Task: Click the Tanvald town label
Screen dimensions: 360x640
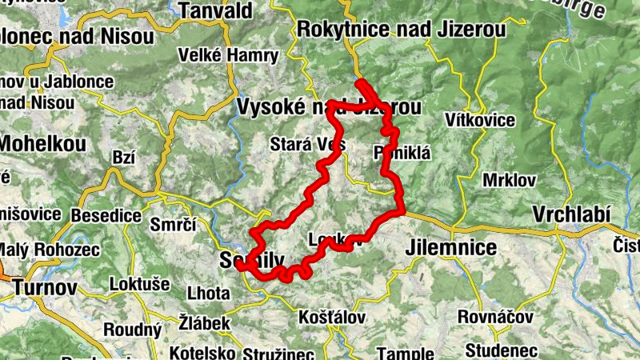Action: click(216, 10)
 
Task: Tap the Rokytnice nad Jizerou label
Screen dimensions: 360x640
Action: click(401, 30)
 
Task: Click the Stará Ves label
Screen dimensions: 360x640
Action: click(308, 145)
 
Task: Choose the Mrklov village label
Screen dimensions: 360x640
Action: click(510, 179)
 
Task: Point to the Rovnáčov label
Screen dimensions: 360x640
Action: click(495, 317)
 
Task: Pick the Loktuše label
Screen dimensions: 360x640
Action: click(141, 282)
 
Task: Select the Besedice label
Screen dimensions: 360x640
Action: click(106, 216)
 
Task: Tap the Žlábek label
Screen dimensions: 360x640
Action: click(205, 323)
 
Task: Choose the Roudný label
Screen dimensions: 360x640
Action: click(134, 330)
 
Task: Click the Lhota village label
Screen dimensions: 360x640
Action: click(207, 293)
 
